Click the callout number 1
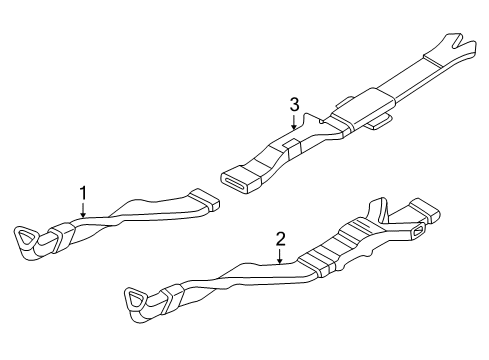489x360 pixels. coord(84,190)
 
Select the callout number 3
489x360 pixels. coord(294,104)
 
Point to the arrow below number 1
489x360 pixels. coord(84,208)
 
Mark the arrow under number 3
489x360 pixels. coord(294,122)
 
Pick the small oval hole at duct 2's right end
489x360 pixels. coord(414,233)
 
